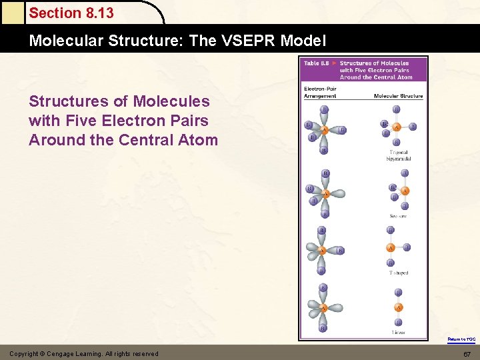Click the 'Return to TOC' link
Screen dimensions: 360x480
point(461,339)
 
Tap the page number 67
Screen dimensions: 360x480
point(467,353)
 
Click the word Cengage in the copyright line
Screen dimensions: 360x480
point(75,353)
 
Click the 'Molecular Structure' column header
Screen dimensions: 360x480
point(398,96)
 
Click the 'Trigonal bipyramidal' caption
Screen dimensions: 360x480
point(399,155)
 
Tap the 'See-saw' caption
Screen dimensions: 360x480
point(398,216)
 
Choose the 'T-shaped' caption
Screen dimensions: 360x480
point(398,273)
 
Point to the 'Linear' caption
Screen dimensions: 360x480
point(398,331)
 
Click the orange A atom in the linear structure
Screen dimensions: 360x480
point(398,307)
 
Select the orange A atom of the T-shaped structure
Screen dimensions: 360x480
point(391,248)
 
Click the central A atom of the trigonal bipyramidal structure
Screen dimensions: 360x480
point(397,126)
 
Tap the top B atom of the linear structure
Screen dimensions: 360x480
point(398,292)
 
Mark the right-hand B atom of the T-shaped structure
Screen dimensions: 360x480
point(407,247)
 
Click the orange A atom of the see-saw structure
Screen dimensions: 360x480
point(405,191)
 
